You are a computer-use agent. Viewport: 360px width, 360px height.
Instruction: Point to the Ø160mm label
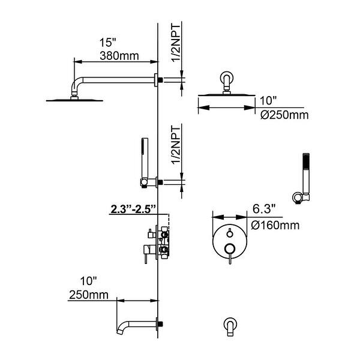point(275,225)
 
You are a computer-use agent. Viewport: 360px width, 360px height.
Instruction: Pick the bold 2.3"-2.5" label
point(133,209)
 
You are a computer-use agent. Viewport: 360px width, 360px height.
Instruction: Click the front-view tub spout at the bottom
point(230,326)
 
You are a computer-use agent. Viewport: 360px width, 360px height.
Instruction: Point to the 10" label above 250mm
point(88,281)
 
